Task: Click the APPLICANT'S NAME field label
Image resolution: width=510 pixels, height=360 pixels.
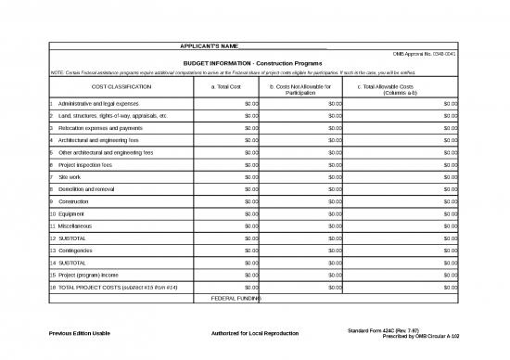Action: click(x=210, y=46)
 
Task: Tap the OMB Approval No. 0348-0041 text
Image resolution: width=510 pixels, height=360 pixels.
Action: click(x=426, y=55)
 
